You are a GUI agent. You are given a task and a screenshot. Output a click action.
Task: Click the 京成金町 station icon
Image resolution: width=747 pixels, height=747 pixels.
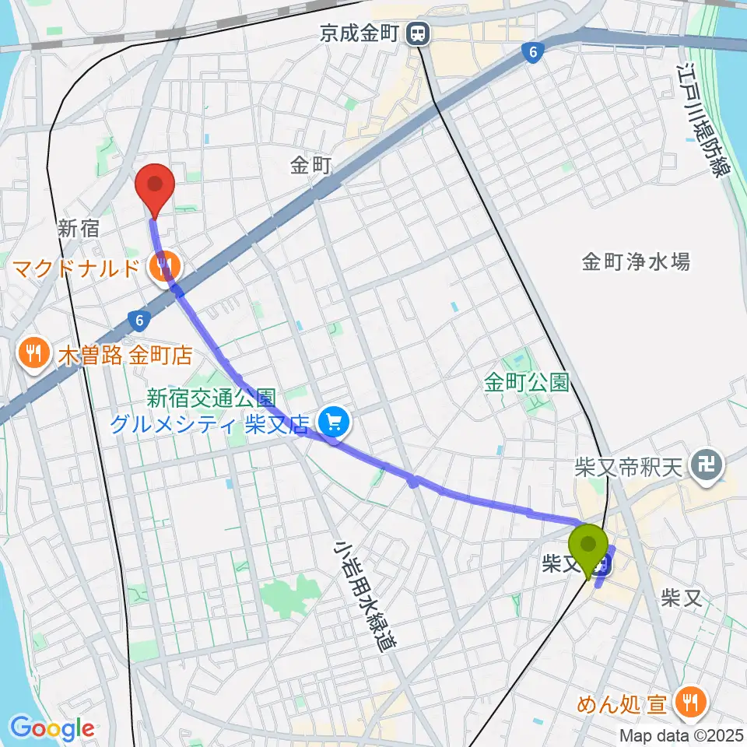[x=419, y=33]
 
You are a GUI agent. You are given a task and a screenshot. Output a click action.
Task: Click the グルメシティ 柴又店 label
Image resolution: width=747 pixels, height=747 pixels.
[x=211, y=424]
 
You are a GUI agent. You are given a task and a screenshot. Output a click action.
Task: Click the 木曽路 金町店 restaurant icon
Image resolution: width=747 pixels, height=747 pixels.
[x=33, y=355]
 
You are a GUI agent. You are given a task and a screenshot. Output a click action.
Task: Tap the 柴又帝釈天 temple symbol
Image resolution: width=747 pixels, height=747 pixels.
[x=708, y=468]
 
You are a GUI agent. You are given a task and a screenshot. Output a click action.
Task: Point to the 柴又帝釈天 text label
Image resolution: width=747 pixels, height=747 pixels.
[x=628, y=467]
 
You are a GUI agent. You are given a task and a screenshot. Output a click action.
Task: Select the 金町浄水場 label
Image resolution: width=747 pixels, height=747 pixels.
[x=636, y=261]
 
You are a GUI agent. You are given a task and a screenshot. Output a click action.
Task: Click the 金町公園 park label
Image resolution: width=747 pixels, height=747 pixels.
[x=526, y=382]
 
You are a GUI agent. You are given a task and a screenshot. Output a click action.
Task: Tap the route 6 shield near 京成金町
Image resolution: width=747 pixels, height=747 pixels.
[x=532, y=51]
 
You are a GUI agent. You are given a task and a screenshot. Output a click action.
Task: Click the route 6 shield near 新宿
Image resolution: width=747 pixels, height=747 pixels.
[x=139, y=319]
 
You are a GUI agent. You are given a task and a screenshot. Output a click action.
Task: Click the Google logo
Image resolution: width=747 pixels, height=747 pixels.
[x=52, y=729]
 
